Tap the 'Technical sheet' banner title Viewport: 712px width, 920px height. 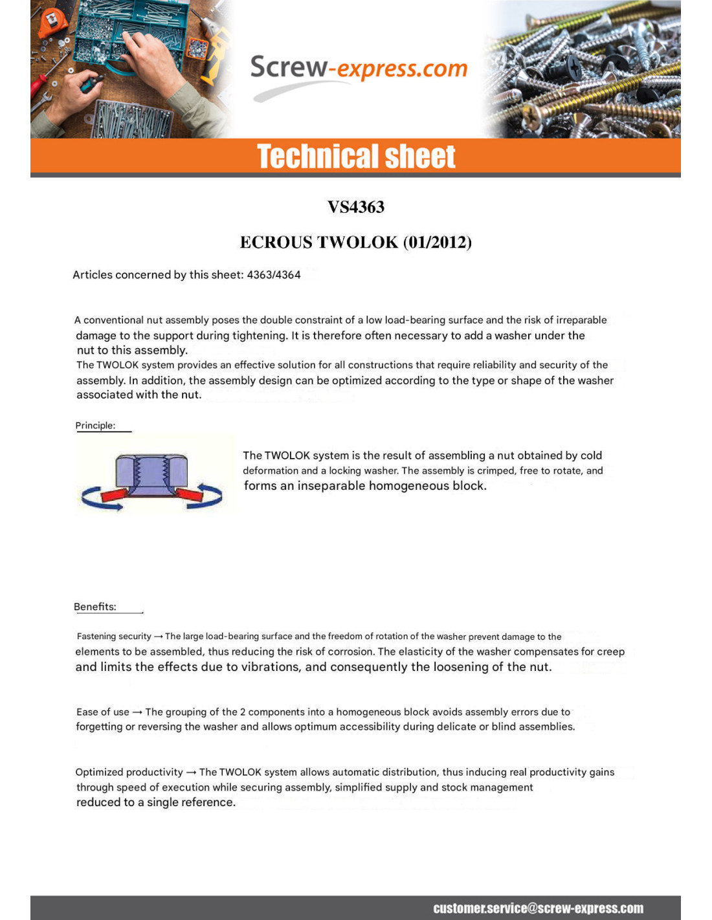pyautogui.click(x=356, y=157)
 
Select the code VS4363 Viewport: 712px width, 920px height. pyautogui.click(x=356, y=207)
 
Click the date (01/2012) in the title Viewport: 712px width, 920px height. pyautogui.click(x=438, y=242)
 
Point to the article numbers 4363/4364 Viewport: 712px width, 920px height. pyautogui.click(x=274, y=275)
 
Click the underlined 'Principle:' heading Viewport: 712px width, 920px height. pyautogui.click(x=95, y=426)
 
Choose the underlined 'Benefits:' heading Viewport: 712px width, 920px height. pyautogui.click(x=95, y=607)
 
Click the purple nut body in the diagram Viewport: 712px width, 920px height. pyautogui.click(x=151, y=471)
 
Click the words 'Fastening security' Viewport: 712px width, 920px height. pyautogui.click(x=113, y=637)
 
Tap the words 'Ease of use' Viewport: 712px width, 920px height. pyautogui.click(x=102, y=712)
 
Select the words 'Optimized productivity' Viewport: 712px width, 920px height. pyautogui.click(x=129, y=772)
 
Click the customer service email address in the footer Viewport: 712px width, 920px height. pyautogui.click(x=538, y=908)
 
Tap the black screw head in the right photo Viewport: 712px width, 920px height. pyautogui.click(x=573, y=65)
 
